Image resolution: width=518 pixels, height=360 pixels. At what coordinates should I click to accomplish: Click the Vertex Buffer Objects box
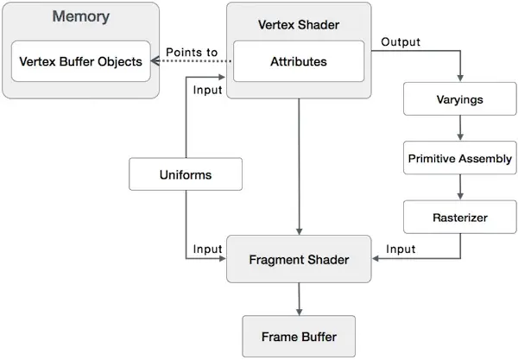81,61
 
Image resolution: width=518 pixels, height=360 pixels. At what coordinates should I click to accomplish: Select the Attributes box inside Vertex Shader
299,61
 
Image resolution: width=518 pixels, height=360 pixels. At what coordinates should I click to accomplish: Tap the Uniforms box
186,174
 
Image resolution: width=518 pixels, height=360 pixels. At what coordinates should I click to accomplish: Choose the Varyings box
460,98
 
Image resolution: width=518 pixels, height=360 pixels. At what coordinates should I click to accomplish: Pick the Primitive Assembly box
460,158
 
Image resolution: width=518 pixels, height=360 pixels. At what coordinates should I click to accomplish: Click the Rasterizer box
460,217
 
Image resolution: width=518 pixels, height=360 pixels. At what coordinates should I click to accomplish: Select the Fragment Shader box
299,259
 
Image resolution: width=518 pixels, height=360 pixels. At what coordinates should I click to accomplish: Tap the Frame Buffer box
299,336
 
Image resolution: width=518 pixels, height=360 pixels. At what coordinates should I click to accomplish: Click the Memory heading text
81,16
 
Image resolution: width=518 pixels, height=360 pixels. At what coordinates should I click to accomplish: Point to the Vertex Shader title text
299,25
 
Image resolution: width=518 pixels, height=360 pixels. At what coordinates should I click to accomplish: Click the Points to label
192,52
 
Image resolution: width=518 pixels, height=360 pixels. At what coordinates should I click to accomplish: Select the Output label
401,42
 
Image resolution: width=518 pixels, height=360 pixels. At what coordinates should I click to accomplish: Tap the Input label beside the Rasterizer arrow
401,249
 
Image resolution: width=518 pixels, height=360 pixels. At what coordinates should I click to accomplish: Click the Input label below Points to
207,90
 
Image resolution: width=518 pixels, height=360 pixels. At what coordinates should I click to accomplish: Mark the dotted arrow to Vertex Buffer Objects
191,61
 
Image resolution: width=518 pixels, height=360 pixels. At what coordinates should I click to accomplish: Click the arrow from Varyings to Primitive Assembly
460,128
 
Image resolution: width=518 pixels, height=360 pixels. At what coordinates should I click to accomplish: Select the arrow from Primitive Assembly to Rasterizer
460,187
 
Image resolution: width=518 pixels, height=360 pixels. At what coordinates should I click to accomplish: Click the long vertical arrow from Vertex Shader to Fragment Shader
299,167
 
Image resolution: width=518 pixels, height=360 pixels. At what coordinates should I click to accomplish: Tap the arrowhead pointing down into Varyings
460,79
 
